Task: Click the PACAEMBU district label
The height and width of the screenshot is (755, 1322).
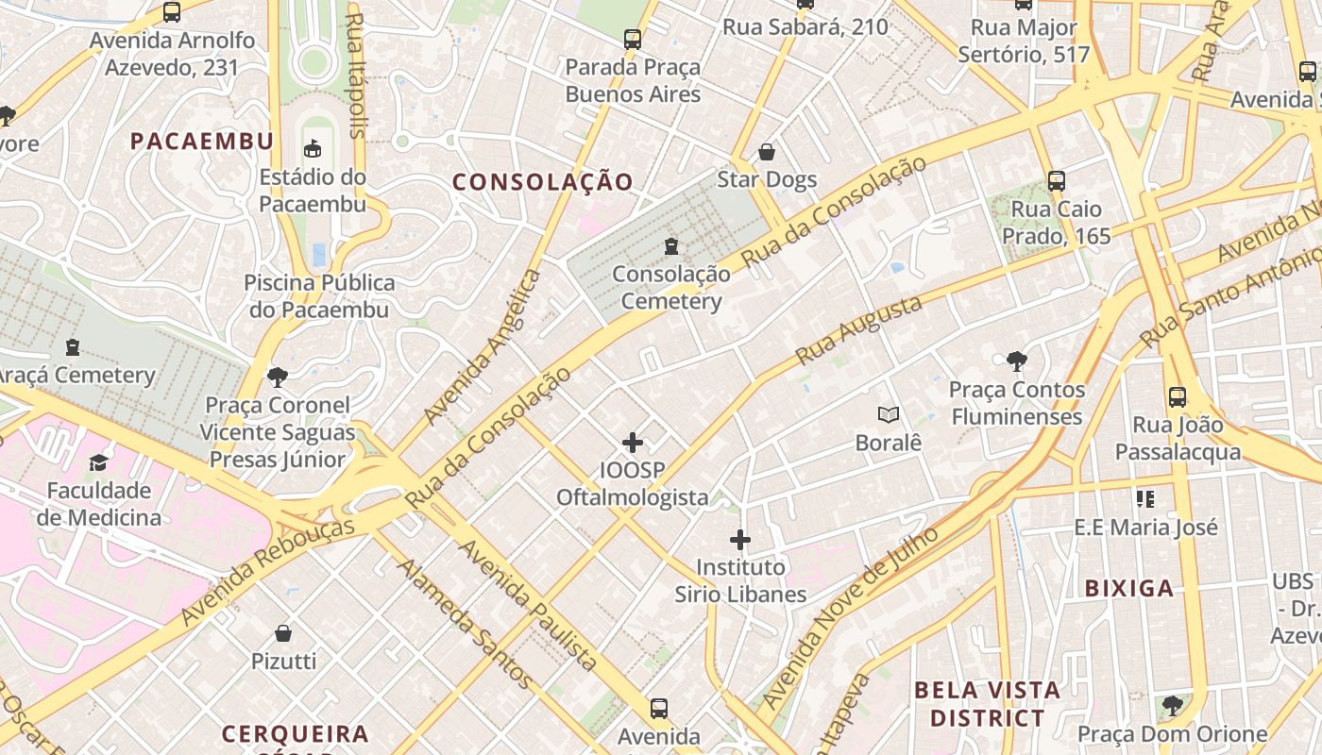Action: [201, 142]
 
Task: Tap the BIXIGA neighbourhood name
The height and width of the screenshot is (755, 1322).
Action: [1129, 588]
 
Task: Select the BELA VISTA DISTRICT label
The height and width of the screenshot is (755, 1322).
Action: [987, 704]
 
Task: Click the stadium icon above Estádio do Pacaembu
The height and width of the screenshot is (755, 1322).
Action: [312, 148]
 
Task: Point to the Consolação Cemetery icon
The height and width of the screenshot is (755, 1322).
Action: [671, 246]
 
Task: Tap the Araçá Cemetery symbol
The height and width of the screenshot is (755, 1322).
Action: [72, 347]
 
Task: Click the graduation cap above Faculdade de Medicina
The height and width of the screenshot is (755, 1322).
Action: [98, 462]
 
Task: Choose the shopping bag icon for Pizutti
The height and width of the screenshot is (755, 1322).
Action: [283, 633]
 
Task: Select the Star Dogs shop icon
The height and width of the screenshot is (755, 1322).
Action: [767, 152]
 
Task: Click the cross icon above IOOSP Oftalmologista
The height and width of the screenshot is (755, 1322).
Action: [633, 442]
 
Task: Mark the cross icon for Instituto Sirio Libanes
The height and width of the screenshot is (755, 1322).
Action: [740, 540]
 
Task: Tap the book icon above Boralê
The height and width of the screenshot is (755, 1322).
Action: [888, 414]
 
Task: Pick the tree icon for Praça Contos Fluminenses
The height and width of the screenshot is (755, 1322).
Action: [1016, 361]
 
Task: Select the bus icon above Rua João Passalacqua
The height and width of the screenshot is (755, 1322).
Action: [1178, 397]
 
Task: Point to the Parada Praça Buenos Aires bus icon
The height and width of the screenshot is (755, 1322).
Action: [633, 40]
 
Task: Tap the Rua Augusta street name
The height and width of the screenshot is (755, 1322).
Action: [858, 330]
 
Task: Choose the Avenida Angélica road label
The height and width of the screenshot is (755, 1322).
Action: [483, 346]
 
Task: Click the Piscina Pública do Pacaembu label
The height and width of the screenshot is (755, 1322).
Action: [319, 295]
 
